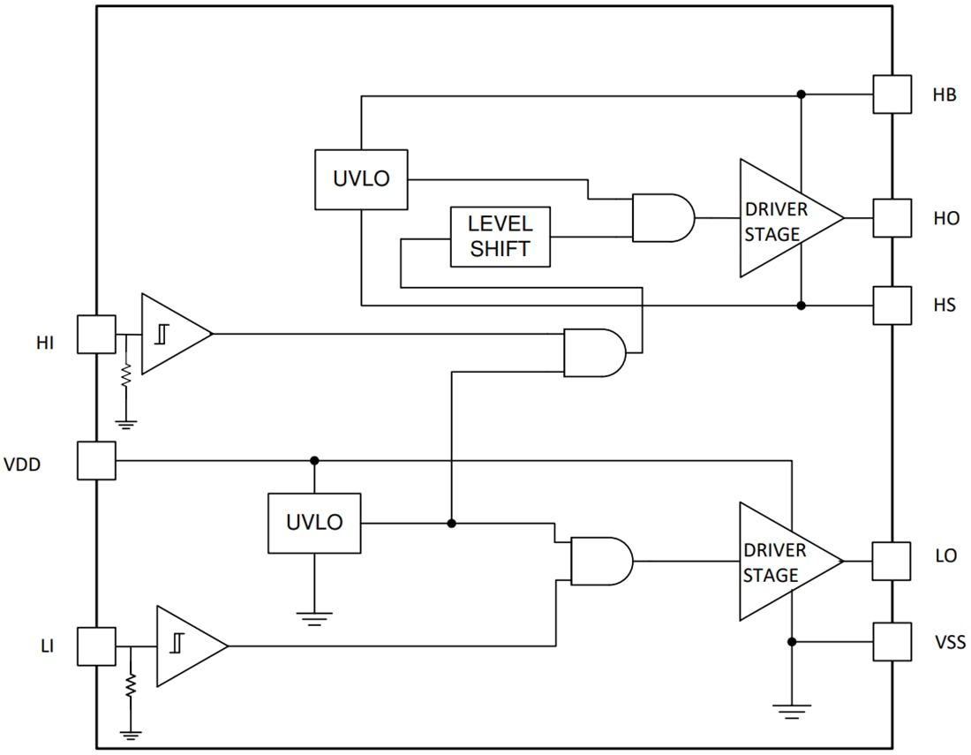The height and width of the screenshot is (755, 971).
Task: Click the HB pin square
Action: pyautogui.click(x=892, y=94)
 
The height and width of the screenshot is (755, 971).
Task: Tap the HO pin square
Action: pyautogui.click(x=892, y=218)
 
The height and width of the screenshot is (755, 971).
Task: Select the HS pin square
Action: pyautogui.click(x=892, y=306)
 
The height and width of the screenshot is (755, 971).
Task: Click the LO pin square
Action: pyautogui.click(x=892, y=561)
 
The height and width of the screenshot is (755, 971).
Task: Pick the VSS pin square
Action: pyautogui.click(x=892, y=642)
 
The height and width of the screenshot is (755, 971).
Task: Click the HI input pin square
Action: pyautogui.click(x=96, y=335)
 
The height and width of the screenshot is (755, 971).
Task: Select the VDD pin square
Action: pyautogui.click(x=96, y=461)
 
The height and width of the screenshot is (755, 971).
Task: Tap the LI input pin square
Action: pyautogui.click(x=96, y=646)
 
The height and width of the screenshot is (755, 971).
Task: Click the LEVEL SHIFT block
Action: pyautogui.click(x=501, y=237)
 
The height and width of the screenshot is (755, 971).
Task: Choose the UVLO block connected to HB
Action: pyautogui.click(x=360, y=179)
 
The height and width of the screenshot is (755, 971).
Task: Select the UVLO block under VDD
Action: pyautogui.click(x=313, y=523)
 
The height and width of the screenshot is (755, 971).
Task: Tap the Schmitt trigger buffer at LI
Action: pyautogui.click(x=189, y=646)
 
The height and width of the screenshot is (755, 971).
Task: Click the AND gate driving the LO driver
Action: pyautogui.click(x=601, y=561)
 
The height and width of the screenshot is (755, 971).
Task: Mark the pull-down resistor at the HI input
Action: pyautogui.click(x=126, y=374)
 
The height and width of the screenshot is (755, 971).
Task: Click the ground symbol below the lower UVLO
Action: pyautogui.click(x=314, y=616)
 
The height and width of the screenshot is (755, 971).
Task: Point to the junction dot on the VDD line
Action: pyautogui.click(x=314, y=461)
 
